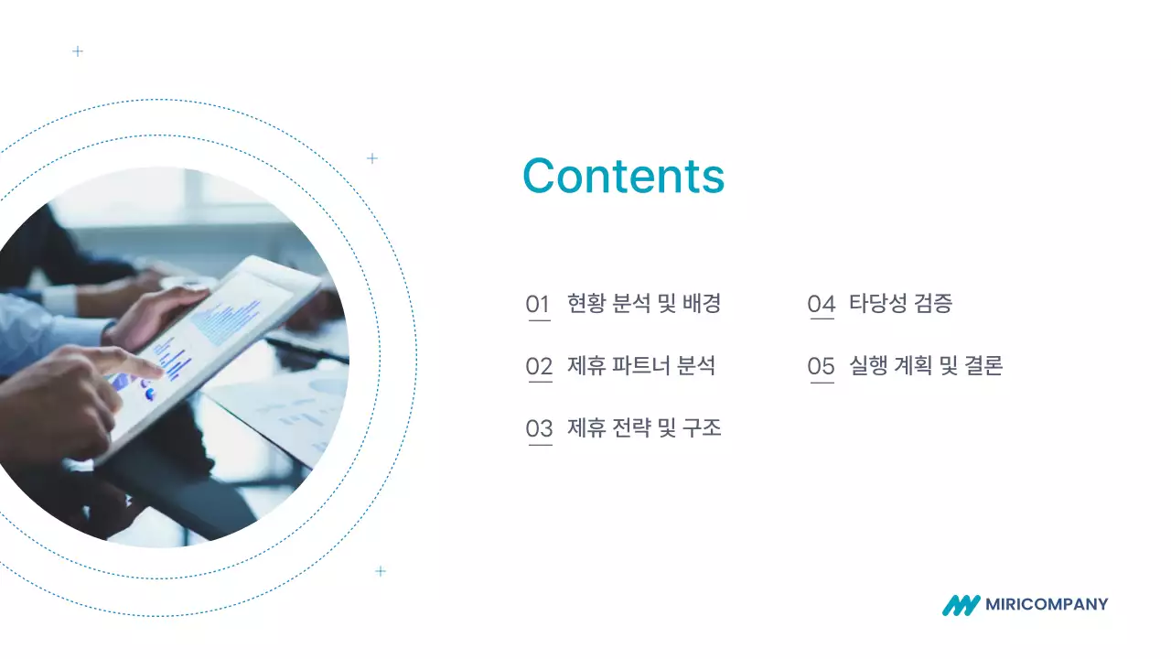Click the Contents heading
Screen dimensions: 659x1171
623,176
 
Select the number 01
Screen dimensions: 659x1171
538,305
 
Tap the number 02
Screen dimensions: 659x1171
539,367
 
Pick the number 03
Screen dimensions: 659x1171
540,428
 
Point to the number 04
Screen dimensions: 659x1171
822,305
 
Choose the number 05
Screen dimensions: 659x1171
822,367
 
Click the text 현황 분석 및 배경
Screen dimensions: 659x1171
644,304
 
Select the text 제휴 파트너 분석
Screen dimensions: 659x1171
641,366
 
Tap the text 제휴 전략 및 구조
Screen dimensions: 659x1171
644,427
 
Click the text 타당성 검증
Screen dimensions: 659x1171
900,304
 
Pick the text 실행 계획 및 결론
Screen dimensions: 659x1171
926,366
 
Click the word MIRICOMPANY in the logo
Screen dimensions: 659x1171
1047,604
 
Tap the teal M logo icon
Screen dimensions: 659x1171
961,605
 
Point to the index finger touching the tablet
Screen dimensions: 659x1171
137,364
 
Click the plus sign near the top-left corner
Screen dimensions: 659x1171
78,51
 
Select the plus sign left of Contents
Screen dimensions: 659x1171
372,158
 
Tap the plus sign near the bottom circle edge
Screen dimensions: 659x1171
381,571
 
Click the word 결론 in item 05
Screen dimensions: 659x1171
984,366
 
